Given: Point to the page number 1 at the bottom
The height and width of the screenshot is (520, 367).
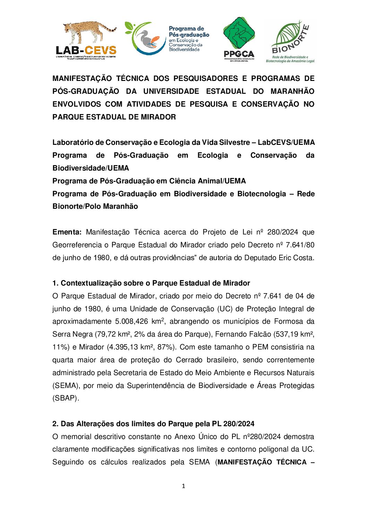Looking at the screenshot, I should (183, 486).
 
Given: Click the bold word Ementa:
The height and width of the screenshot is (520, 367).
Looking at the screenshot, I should (67, 232).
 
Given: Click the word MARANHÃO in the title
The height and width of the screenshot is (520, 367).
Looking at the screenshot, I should (292, 91).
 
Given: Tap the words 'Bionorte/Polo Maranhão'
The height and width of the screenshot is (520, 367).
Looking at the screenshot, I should (95, 206).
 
